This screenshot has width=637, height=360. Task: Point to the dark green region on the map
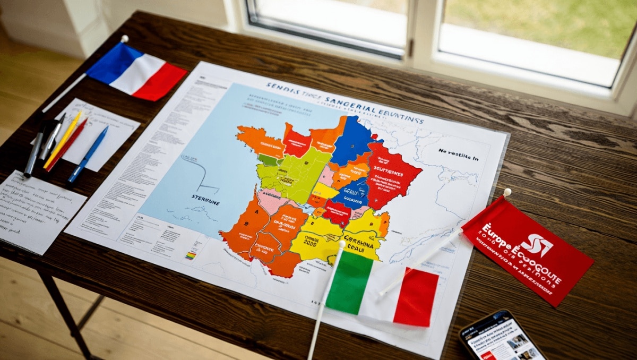pos(269,159)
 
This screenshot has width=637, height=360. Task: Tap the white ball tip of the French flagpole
pos(125,38)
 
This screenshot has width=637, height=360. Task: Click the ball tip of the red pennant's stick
pos(507,192)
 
